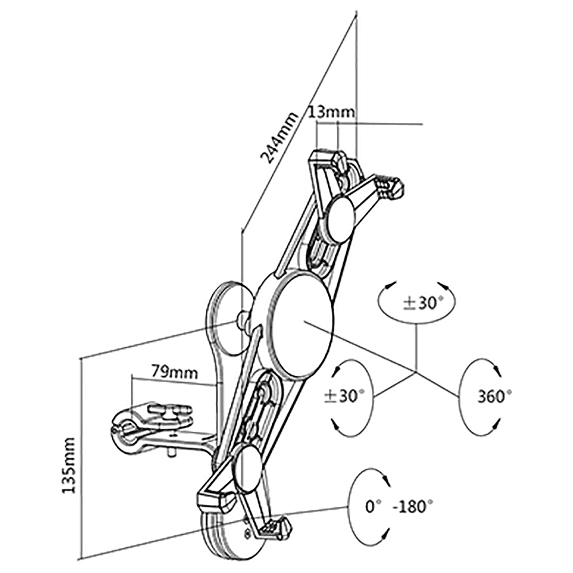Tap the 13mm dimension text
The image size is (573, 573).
pyautogui.click(x=331, y=112)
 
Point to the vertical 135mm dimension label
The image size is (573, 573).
pyautogui.click(x=69, y=465)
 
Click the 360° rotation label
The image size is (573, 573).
pyautogui.click(x=494, y=396)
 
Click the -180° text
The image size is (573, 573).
pyautogui.click(x=413, y=507)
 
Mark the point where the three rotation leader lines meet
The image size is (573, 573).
pyautogui.click(x=416, y=372)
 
